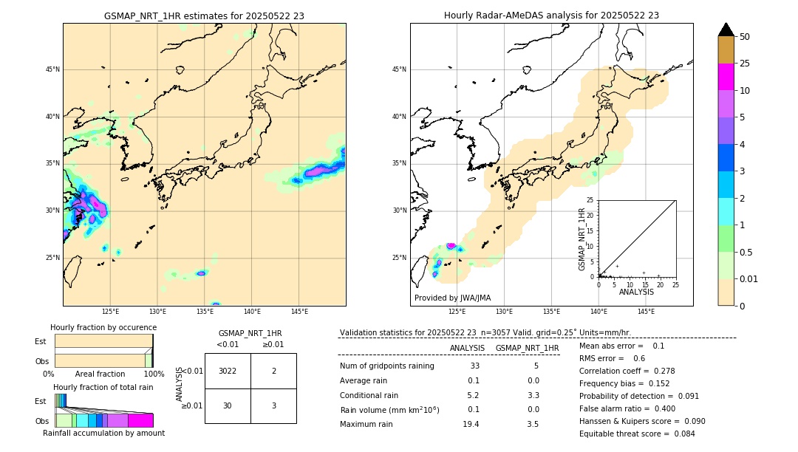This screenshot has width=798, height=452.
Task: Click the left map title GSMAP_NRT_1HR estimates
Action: point(204,16)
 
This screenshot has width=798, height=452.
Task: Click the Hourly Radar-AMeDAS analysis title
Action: point(551,16)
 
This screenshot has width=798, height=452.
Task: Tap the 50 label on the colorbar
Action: point(746,37)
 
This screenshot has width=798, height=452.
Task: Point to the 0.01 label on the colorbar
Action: point(750,278)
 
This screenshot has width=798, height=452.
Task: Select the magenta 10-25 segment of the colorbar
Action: point(726,77)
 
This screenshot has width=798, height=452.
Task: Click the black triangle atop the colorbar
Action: point(726,30)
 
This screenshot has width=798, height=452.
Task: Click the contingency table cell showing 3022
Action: point(228,371)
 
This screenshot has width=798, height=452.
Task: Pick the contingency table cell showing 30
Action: point(228,405)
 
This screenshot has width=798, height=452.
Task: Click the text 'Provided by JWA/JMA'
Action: point(452,298)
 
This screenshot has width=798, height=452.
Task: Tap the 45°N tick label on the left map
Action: point(52,69)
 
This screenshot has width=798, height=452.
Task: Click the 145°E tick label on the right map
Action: point(646,312)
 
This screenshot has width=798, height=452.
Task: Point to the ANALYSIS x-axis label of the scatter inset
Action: point(636,292)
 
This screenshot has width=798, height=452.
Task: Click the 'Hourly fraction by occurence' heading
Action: point(103,327)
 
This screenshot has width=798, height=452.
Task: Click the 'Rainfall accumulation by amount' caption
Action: point(103,433)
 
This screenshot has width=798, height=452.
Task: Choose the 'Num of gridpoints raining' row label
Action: point(387,366)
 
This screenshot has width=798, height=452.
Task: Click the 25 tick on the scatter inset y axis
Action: point(590,200)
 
